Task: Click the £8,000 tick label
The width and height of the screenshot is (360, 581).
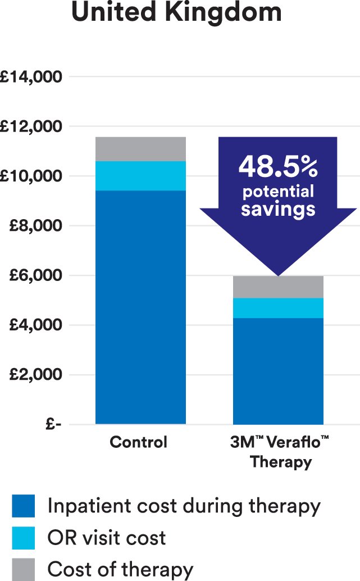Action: coord(36,226)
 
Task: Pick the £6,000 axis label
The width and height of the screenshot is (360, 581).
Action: coord(36,276)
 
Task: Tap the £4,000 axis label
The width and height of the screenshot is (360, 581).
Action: coord(36,325)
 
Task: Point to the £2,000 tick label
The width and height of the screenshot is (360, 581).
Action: coord(36,375)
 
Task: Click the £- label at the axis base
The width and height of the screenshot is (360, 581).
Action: coord(52,425)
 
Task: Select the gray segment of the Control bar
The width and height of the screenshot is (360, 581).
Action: coord(140,149)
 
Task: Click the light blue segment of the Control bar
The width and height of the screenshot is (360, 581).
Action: coord(140,176)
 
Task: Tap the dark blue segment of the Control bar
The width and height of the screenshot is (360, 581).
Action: coord(140,307)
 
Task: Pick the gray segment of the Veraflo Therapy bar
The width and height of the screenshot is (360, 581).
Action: coord(278,287)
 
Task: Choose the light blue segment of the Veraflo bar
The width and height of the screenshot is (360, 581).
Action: coord(278,308)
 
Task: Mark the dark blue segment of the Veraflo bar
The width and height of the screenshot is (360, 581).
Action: coord(278,371)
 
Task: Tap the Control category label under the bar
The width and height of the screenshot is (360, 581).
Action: coord(139,442)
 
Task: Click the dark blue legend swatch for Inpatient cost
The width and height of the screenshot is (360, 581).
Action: coord(24,506)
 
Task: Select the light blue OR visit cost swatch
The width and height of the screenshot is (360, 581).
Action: coord(24,538)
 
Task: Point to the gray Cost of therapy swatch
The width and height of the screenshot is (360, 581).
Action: coord(24,569)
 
